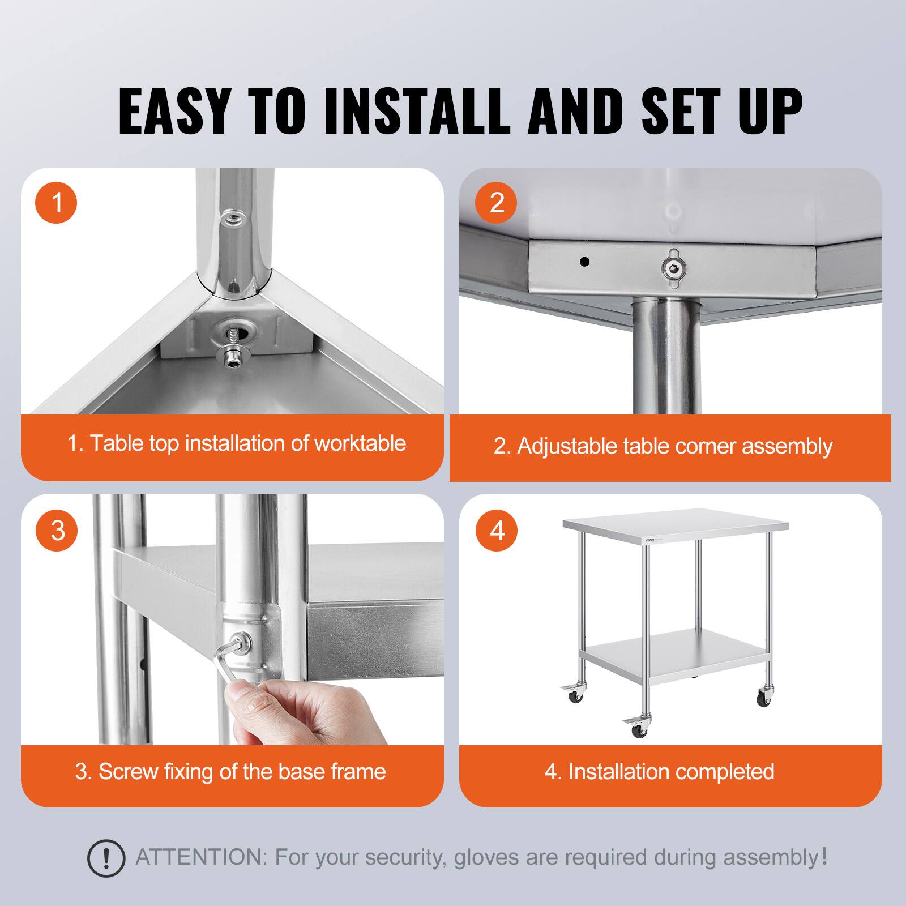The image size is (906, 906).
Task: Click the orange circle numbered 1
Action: click(x=56, y=202)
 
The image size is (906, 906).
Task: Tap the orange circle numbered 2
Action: click(x=497, y=202)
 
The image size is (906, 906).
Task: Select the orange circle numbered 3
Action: click(x=57, y=531)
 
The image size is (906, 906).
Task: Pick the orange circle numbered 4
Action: click(x=497, y=531)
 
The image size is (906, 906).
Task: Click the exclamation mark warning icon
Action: click(x=106, y=858)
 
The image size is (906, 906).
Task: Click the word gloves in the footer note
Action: click(x=488, y=857)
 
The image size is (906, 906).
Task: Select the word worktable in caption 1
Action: click(x=360, y=443)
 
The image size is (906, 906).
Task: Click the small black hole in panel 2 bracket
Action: click(x=585, y=262)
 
